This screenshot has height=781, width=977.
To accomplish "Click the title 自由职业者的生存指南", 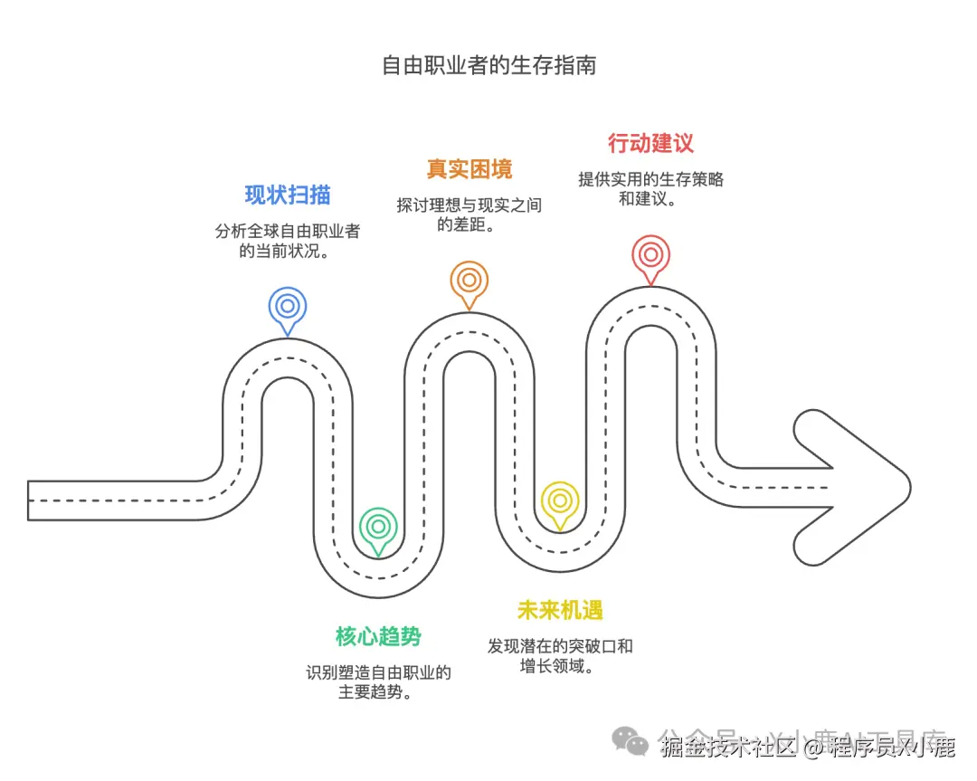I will (x=488, y=66).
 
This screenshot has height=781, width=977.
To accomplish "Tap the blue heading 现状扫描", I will (x=288, y=195).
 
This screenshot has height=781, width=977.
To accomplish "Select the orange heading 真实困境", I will (x=469, y=168).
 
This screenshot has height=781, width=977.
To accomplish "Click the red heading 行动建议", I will (x=650, y=143).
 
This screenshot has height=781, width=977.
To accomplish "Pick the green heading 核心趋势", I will (x=378, y=636).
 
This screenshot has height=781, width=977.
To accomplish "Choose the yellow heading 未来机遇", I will (x=560, y=610).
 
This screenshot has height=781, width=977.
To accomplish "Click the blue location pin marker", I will (x=288, y=307).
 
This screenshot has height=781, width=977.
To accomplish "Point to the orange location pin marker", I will (x=469, y=281).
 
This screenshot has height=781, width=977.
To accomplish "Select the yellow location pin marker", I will (x=560, y=500).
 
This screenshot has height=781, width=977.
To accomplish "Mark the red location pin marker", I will (x=650, y=255).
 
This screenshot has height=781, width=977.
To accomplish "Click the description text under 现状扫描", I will (x=288, y=241).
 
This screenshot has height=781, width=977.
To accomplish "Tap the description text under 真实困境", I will (x=469, y=214).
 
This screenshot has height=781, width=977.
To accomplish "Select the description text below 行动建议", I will (x=650, y=188).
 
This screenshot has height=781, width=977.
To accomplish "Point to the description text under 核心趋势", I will (x=378, y=682).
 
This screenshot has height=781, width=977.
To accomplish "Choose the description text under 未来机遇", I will (x=560, y=656).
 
